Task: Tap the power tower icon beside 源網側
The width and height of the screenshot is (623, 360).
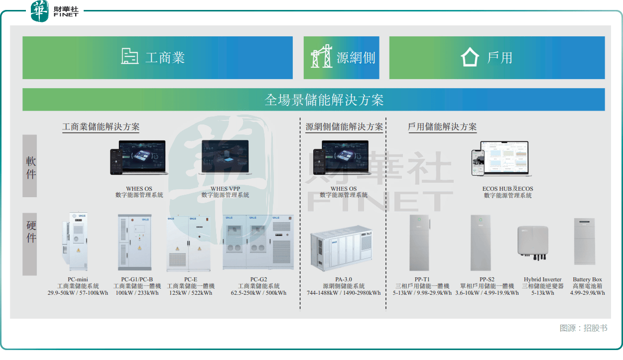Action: tap(321, 57)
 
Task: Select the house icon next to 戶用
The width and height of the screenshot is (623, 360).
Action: tap(470, 57)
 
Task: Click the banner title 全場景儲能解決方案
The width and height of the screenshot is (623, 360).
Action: tap(324, 100)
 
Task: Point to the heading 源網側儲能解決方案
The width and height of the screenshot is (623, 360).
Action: tap(344, 127)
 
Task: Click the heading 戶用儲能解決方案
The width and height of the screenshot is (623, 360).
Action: tap(442, 127)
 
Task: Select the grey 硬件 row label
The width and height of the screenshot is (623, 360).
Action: tap(30, 232)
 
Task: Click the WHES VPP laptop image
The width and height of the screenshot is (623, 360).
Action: tap(224, 157)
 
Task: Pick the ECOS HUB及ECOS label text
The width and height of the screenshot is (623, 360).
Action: tap(507, 189)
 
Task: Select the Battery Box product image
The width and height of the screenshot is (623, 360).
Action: tap(585, 241)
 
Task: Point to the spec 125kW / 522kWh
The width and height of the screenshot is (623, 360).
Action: tap(190, 293)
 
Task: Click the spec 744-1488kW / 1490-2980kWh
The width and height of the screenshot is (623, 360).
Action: tap(343, 293)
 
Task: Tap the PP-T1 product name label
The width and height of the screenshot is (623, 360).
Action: tap(422, 279)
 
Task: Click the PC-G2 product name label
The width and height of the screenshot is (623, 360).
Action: tap(258, 279)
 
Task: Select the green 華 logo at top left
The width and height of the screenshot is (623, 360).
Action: tap(39, 11)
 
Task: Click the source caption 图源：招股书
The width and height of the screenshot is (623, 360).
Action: tap(583, 328)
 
